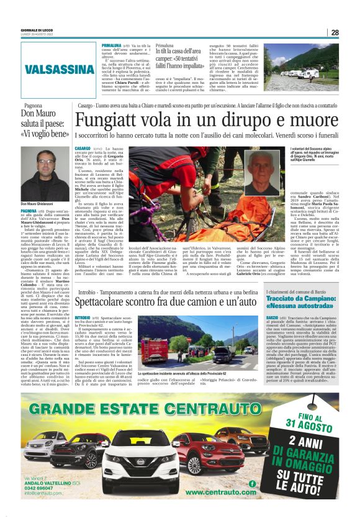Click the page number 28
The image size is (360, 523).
(x=335, y=32)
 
